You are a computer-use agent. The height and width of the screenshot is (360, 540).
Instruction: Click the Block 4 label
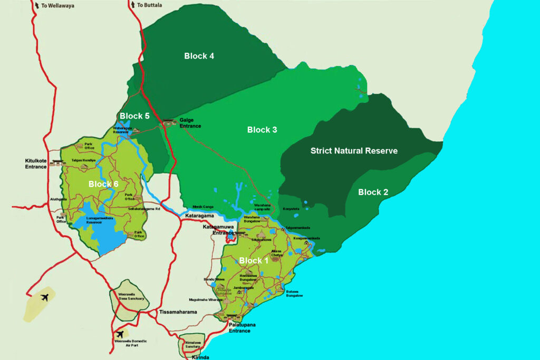(x=199, y=56)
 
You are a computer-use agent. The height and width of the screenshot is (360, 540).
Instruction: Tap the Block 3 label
(x=262, y=130)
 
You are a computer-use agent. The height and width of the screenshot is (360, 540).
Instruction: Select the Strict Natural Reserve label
(x=354, y=151)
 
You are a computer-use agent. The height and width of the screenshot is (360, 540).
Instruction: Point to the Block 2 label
(x=373, y=192)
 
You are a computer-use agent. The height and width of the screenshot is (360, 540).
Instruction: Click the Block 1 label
(x=254, y=260)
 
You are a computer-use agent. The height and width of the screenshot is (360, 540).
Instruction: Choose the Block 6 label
(x=103, y=184)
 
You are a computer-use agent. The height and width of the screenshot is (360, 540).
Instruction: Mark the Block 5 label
(x=134, y=116)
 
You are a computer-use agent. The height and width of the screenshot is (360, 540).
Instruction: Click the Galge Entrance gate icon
(x=169, y=122)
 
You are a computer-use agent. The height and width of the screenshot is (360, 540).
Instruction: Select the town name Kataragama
(x=199, y=216)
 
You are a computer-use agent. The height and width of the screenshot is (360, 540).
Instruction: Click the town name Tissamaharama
(x=178, y=312)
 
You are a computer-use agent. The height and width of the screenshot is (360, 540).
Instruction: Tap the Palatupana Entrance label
(x=242, y=328)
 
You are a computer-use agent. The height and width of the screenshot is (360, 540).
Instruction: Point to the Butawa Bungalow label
(x=294, y=294)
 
